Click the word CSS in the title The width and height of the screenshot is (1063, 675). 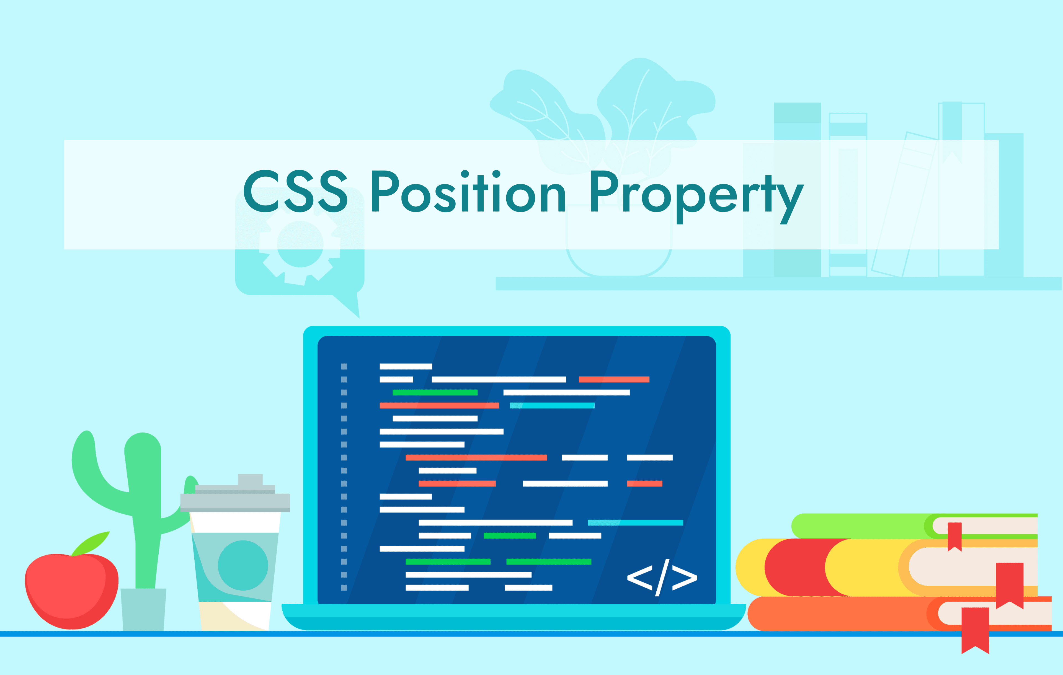(295, 191)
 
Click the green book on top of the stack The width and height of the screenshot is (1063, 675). (914, 526)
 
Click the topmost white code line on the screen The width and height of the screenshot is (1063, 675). (406, 366)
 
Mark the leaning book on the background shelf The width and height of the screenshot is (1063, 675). (903, 204)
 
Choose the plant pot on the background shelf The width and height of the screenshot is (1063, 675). (619, 241)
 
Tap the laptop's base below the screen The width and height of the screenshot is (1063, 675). (514, 617)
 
